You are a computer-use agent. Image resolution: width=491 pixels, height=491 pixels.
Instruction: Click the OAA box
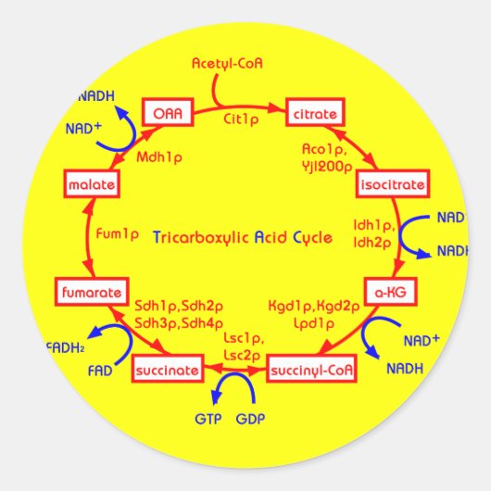point(168,113)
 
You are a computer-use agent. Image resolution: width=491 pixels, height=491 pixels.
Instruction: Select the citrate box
point(316,113)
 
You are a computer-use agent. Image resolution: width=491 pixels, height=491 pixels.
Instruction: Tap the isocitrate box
point(392,184)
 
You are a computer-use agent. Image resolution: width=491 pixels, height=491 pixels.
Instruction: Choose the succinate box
point(167,371)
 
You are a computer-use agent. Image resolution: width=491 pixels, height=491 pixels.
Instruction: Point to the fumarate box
point(90,293)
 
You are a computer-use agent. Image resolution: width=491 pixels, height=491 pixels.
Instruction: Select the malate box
point(90,184)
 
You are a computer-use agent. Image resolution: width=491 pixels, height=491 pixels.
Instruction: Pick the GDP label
point(250,419)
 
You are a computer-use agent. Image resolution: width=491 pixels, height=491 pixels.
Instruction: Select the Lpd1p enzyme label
point(312,323)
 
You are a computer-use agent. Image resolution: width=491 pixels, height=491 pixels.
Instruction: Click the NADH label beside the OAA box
point(96,95)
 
